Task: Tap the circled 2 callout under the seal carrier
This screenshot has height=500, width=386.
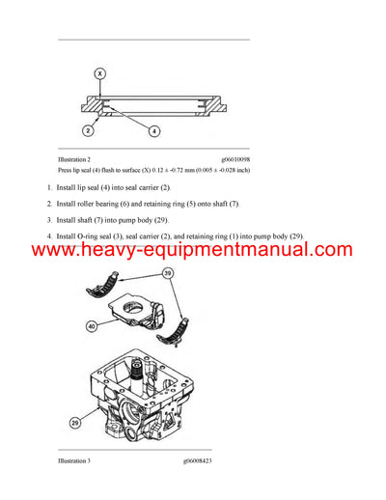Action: pyautogui.click(x=88, y=129)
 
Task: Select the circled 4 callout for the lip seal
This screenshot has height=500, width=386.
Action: pyautogui.click(x=154, y=129)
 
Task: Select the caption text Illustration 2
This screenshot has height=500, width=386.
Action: pyautogui.click(x=76, y=159)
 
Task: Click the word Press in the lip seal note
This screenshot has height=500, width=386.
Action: pyautogui.click(x=68, y=170)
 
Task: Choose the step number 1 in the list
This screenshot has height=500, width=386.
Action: pyautogui.click(x=48, y=185)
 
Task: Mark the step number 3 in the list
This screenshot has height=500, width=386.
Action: pyautogui.click(x=48, y=219)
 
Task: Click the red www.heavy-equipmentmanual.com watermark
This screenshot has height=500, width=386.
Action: pyautogui.click(x=193, y=251)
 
